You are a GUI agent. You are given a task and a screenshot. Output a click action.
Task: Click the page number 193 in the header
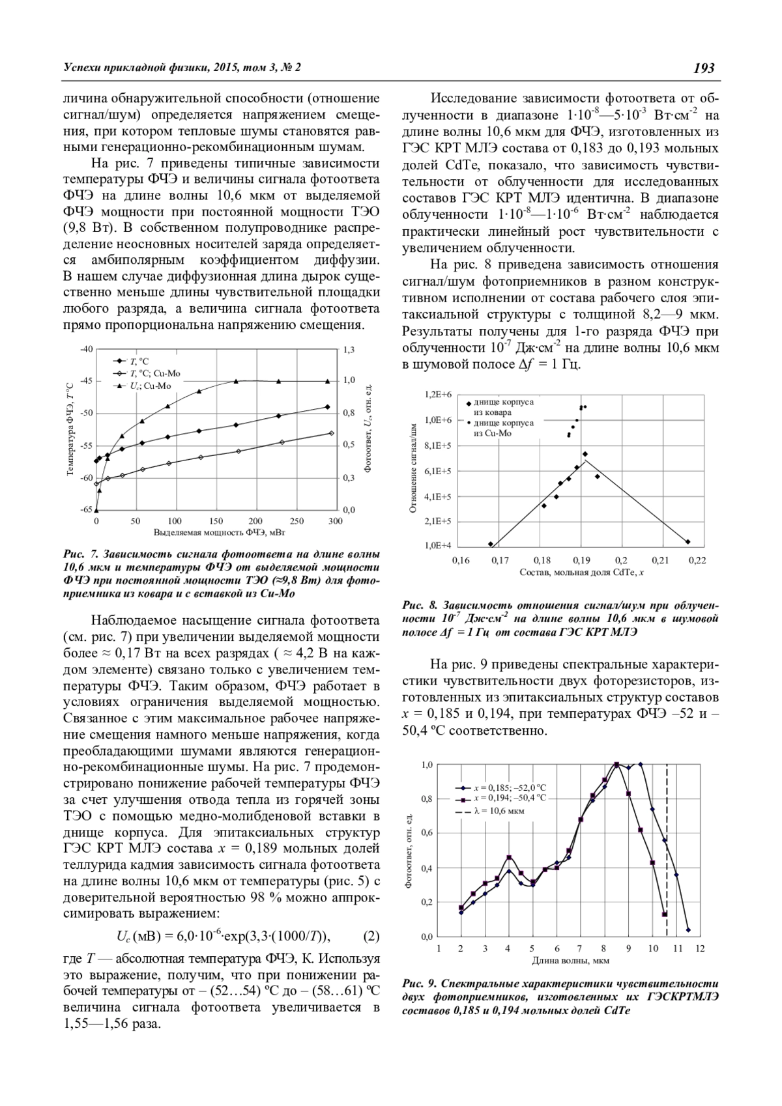(704, 68)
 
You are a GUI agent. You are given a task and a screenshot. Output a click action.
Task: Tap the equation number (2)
(370, 937)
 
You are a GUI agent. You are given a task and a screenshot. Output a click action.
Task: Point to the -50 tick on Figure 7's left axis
(87, 413)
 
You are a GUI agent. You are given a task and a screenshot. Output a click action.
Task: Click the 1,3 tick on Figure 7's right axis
(349, 350)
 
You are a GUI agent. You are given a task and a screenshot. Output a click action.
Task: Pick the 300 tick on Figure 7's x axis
(335, 521)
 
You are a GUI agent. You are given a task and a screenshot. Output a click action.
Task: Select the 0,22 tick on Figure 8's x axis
(700, 560)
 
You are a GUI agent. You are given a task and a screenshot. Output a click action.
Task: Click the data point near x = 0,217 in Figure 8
(688, 541)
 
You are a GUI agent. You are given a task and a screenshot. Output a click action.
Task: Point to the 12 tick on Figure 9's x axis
(700, 948)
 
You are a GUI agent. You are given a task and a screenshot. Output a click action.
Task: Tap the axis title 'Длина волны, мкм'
(571, 960)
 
